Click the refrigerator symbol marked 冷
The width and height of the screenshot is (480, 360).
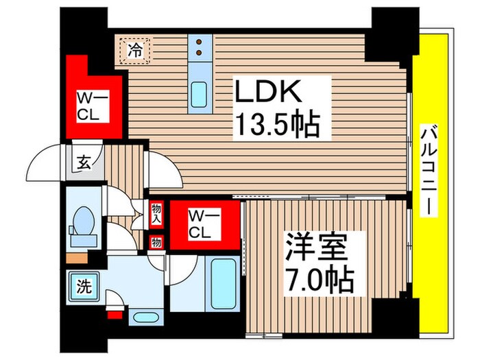pyautogui.click(x=137, y=49)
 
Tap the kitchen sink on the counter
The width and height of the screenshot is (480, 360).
pyautogui.click(x=200, y=93)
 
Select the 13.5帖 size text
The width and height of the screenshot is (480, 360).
pyautogui.click(x=277, y=123)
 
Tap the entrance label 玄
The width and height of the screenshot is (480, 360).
pyautogui.click(x=84, y=163)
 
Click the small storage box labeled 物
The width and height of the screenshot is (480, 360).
pyautogui.click(x=156, y=242)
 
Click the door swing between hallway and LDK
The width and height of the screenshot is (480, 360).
pyautogui.click(x=163, y=171)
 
